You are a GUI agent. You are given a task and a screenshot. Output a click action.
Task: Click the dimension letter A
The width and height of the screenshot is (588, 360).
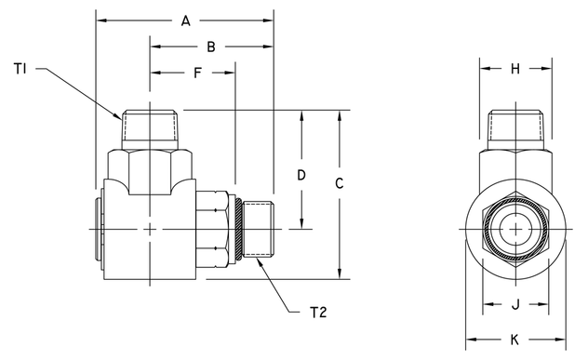tap(185, 20)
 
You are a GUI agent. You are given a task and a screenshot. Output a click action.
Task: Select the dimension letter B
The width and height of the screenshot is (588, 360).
tap(211, 46)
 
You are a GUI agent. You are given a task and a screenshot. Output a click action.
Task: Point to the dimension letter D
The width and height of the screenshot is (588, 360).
tap(301, 174)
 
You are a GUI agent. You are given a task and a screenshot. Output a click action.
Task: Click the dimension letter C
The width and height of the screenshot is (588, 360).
tap(340, 184)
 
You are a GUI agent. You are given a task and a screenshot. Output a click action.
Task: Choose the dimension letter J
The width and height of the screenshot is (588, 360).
tap(515, 303)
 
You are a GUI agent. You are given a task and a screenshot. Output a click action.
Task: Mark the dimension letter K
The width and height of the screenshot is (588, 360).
tap(515, 340)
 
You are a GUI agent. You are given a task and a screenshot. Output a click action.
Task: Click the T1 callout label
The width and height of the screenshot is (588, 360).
tap(21, 68)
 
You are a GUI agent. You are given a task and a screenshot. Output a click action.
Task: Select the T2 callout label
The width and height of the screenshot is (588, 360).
tap(316, 312)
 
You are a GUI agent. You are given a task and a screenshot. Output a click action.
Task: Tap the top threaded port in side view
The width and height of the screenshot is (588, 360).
tap(149, 127)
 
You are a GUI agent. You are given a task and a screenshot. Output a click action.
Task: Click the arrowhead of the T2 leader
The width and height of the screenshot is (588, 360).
tap(258, 260)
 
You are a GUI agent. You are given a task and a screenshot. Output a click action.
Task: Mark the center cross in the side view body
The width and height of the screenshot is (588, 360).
tap(150, 229)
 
